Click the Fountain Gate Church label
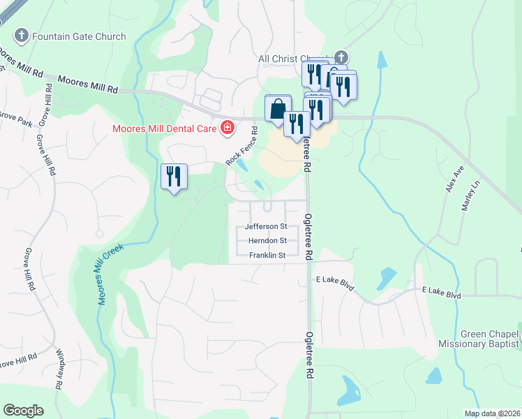tap(79, 36)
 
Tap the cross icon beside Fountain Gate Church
tap(22, 36)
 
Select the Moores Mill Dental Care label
tap(165, 128)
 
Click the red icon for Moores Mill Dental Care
tap(226, 128)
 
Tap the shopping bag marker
tap(278, 110)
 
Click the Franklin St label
tap(267, 256)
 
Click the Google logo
tap(23, 411)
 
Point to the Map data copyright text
tap(492, 413)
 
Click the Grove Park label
tap(14, 118)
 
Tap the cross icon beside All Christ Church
tap(341, 57)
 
